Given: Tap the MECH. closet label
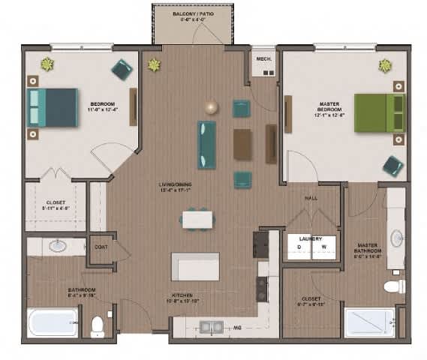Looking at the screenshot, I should pyautogui.click(x=263, y=58).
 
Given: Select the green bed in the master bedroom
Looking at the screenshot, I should pyautogui.click(x=378, y=112).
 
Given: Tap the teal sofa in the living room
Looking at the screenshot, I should pyautogui.click(x=206, y=144).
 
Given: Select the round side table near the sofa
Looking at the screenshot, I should pyautogui.click(x=212, y=107).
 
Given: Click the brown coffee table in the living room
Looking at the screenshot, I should pyautogui.click(x=242, y=144).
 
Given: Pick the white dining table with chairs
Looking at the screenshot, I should pyautogui.click(x=197, y=219).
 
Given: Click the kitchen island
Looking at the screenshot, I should pyautogui.click(x=195, y=266).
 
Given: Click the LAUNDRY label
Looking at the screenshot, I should pyautogui.click(x=311, y=238).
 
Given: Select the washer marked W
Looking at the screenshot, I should pyautogui.click(x=324, y=247).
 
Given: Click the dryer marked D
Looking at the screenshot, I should pyautogui.click(x=299, y=247).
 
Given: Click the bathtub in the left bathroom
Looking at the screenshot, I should pyautogui.click(x=53, y=322).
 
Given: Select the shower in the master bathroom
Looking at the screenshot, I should pyautogui.click(x=368, y=322).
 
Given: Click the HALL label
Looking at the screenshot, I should pyautogui.click(x=311, y=198).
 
